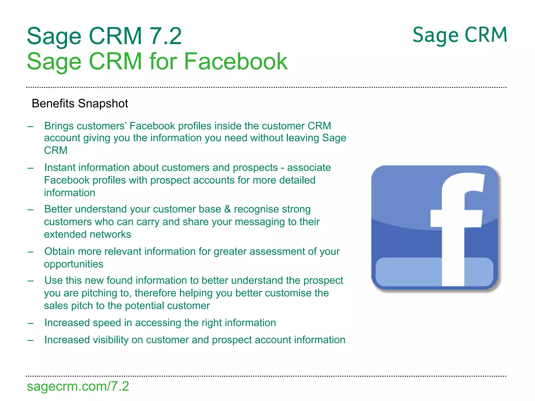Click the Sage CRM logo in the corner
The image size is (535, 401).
pos(460,35)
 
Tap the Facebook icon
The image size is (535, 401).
pos(435,228)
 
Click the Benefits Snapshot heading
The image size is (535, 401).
pos(80,103)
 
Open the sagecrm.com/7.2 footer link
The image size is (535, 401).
pos(78,386)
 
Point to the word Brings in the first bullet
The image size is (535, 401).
pos(59,126)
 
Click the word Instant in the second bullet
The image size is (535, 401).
pos(60,168)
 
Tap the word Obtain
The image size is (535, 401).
pos(60,251)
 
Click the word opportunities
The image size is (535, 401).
pos(74,264)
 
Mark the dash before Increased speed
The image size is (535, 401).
pos(31,323)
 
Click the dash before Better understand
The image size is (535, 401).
pos(31,210)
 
